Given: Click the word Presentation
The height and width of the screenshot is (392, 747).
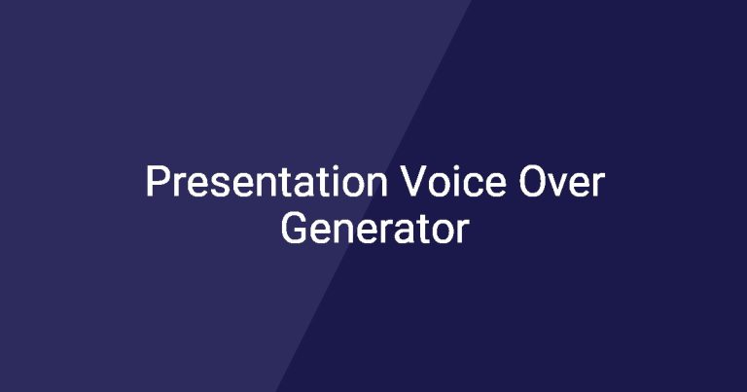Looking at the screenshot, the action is point(267,181).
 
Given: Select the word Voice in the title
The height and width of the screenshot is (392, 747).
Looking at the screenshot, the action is point(452,181).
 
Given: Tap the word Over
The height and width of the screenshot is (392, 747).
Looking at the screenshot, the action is point(561,181).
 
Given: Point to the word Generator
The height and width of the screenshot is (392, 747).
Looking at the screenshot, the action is point(374,228).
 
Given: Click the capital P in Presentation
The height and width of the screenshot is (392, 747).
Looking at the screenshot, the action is point(158,181).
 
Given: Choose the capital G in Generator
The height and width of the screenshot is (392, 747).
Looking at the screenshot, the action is point(295,228).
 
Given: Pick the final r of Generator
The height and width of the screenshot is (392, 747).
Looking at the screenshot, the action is point(463,232).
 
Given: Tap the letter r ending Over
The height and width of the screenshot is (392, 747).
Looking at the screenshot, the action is point(598,185).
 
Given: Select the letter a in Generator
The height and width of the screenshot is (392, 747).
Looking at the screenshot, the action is point(401,232).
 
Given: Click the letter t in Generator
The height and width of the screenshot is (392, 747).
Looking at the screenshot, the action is point(419,230).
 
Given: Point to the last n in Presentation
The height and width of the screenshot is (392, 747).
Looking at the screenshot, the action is point(376,185).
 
